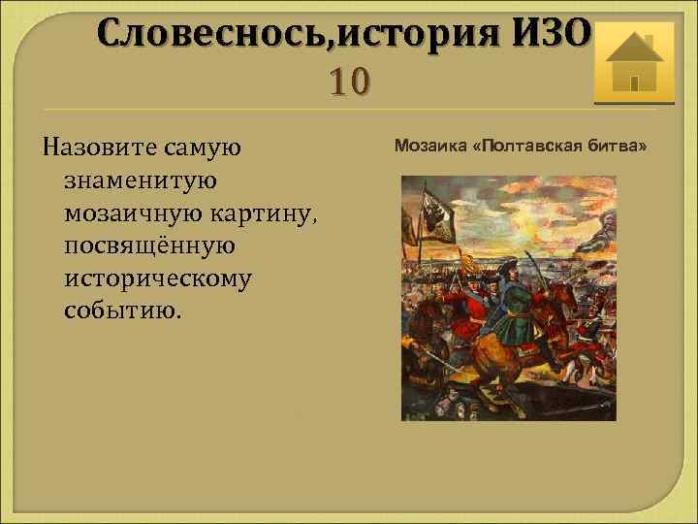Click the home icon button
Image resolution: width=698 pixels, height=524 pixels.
(x=628, y=61)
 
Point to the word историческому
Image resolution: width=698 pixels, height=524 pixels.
(x=157, y=279)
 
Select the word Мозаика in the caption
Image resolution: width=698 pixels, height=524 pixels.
(x=425, y=146)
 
